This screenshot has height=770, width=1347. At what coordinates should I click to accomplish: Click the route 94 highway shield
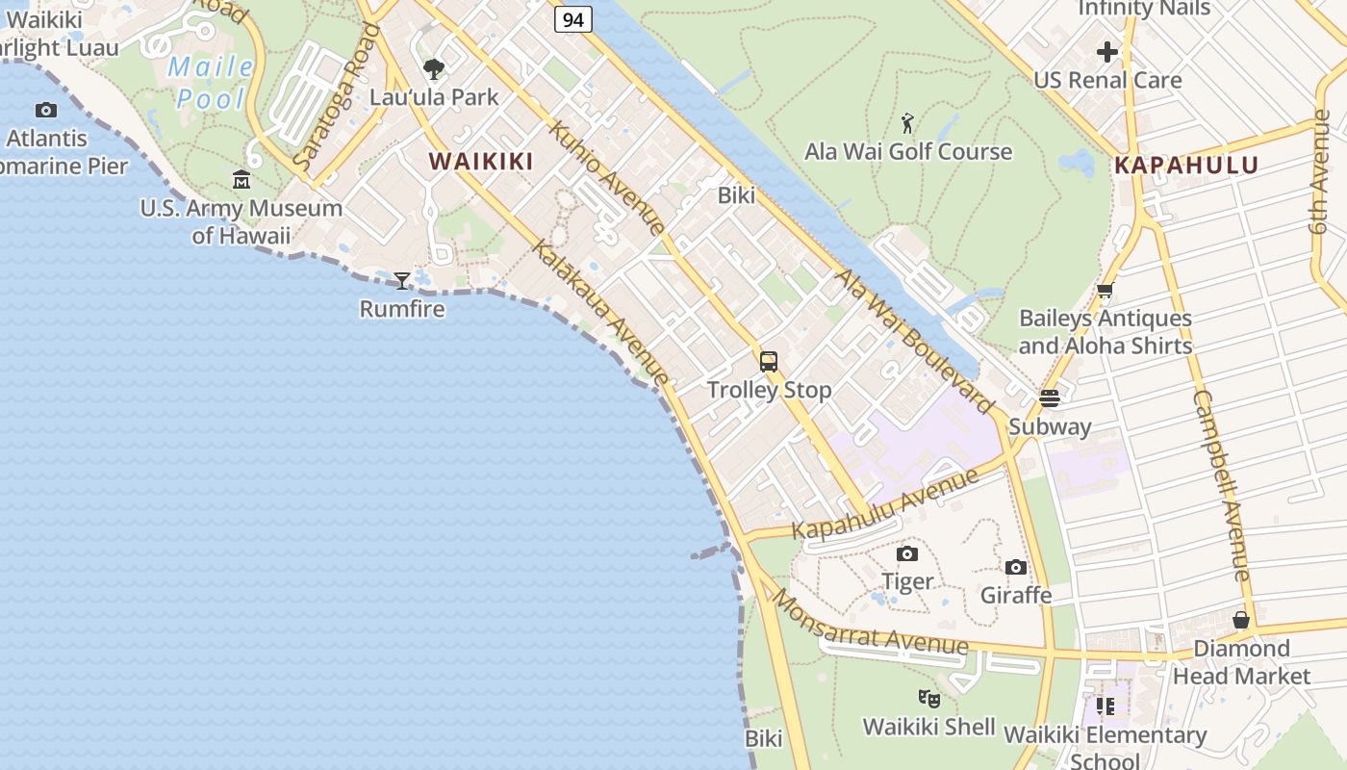click(x=572, y=18)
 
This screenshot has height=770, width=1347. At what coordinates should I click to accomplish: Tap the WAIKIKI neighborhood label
click(x=480, y=162)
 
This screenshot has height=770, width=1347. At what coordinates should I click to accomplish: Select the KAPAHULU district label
click(x=1185, y=165)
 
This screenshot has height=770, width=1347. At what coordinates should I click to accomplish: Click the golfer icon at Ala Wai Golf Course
click(x=907, y=123)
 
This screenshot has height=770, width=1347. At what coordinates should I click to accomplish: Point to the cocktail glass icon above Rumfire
click(x=402, y=281)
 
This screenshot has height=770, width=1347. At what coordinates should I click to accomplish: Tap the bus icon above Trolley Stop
click(x=768, y=362)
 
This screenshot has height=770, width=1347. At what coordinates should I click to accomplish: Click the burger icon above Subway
click(x=1050, y=398)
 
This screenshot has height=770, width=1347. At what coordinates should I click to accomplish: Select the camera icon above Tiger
click(x=906, y=553)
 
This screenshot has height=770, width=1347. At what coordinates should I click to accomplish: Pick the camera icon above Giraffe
click(x=1016, y=568)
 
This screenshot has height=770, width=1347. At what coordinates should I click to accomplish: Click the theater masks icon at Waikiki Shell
click(x=928, y=698)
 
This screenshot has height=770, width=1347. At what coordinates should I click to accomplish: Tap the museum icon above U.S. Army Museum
click(x=241, y=180)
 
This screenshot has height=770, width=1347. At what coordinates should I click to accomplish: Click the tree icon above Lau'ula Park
click(x=434, y=69)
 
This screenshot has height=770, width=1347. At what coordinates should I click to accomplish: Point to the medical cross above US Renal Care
click(x=1107, y=51)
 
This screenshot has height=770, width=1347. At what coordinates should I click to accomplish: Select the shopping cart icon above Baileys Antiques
click(x=1106, y=290)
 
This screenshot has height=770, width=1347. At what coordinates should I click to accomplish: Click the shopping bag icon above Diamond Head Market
click(x=1241, y=620)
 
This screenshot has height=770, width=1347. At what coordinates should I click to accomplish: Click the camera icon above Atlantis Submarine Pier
click(x=46, y=110)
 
